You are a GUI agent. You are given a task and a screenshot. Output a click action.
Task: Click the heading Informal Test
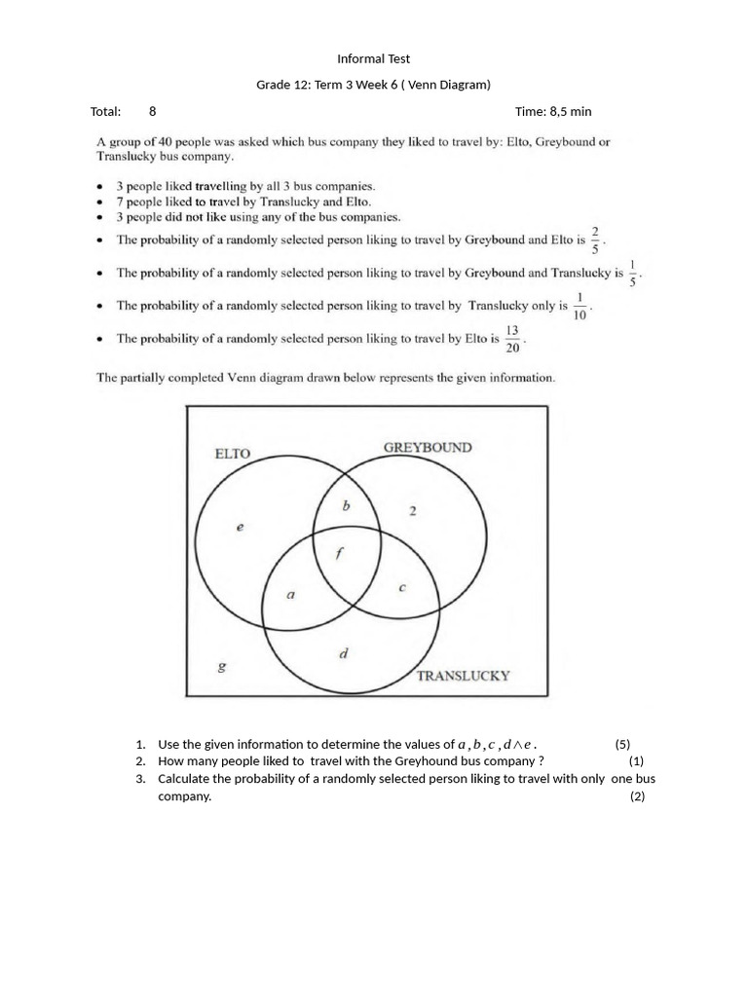click(x=373, y=59)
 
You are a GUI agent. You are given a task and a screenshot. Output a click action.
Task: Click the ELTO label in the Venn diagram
click(x=232, y=453)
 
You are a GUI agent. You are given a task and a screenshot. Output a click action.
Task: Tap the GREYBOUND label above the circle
click(x=428, y=447)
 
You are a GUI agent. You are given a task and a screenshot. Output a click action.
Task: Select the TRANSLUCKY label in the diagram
click(x=463, y=675)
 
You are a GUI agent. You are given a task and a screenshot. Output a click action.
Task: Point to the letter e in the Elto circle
click(x=241, y=527)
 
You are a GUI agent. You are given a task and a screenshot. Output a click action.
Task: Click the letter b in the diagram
click(x=345, y=506)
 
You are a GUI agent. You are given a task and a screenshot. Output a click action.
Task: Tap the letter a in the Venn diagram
click(x=290, y=595)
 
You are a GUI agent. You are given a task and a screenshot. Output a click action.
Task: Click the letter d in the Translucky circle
click(x=343, y=654)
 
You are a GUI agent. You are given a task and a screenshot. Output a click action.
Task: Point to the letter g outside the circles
click(x=222, y=667)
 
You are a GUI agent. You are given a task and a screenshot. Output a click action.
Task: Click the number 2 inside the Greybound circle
click(x=413, y=511)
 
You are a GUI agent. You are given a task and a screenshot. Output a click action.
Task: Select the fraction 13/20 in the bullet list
click(x=512, y=339)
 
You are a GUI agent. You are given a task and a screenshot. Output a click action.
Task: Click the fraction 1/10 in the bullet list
click(x=580, y=306)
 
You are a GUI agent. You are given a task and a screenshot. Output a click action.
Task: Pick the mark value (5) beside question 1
click(x=622, y=744)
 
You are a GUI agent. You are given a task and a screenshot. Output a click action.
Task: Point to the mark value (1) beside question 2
click(x=636, y=761)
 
